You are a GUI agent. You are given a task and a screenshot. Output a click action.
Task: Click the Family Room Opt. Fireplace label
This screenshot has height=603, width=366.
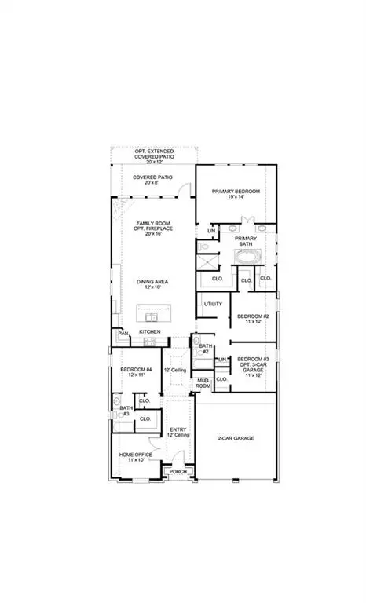click(153, 228)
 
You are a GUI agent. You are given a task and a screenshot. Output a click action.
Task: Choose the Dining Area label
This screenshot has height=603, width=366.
click(153, 284)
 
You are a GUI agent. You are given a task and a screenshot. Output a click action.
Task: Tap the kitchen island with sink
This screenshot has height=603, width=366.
click(154, 314)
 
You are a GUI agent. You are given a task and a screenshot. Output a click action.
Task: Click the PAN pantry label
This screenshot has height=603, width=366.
click(123, 333)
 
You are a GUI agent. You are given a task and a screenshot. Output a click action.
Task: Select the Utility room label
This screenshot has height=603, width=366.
click(213, 304)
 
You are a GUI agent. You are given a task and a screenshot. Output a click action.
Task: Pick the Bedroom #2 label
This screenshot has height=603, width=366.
click(253, 319)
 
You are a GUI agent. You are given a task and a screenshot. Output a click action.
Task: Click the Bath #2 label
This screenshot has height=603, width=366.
click(205, 348)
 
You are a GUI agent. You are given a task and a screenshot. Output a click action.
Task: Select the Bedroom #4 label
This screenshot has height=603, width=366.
click(135, 372)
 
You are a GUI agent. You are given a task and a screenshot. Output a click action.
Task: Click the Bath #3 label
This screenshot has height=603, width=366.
click(126, 411)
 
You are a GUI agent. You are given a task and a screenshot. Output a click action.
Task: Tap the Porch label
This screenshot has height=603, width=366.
click(178, 472)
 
